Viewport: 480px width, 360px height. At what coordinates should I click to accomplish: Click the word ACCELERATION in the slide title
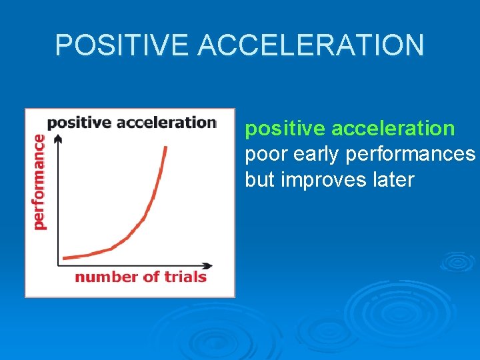pos(311,45)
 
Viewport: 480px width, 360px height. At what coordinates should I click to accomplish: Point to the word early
pos(317,154)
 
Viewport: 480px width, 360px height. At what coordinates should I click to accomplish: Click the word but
pos(260,180)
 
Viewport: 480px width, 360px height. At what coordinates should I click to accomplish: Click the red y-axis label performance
pos(39,181)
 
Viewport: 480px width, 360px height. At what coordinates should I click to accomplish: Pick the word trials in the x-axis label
pos(184,277)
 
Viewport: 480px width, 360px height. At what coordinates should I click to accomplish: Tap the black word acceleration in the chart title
pos(167,123)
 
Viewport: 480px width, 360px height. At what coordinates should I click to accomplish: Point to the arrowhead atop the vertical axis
pos(57,137)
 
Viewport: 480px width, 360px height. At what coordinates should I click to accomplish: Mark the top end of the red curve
pos(165,147)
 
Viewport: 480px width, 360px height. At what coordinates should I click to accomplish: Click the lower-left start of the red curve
pos(64,257)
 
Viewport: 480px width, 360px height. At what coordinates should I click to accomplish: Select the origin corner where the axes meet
pos(58,265)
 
